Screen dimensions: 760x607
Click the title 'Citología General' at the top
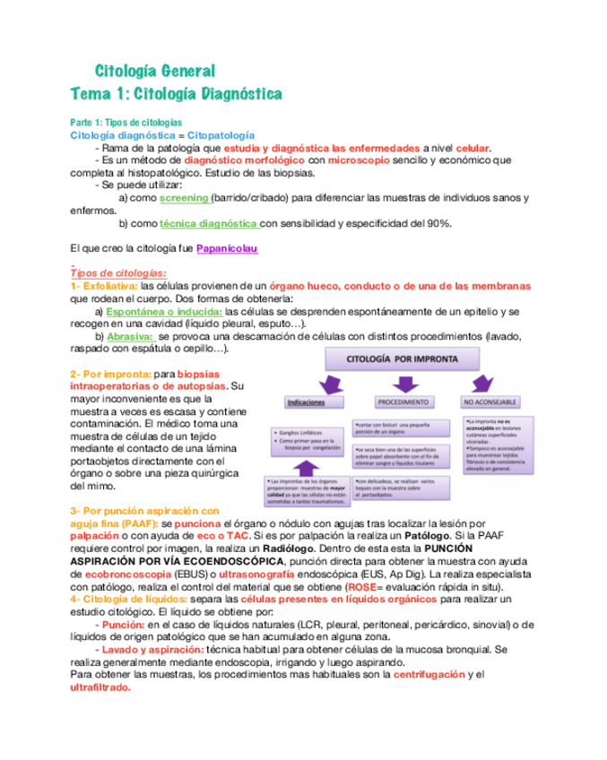(155, 71)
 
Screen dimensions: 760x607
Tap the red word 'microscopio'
(359, 160)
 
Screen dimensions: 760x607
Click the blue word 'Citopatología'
(221, 134)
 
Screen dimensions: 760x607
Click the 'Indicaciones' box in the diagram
(304, 402)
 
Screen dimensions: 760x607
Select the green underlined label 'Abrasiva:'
(130, 336)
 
